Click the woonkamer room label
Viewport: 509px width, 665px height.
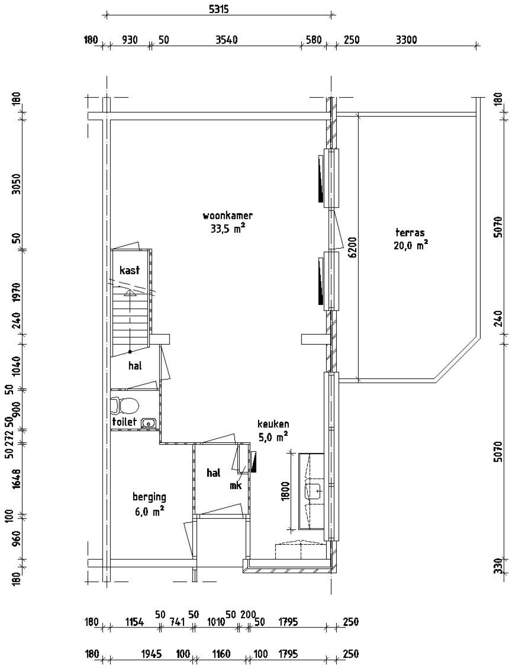click(227, 216)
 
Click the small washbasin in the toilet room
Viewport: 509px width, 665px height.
click(149, 423)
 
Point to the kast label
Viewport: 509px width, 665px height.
click(130, 270)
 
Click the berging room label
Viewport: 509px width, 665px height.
click(149, 497)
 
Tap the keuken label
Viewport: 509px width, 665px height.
click(273, 424)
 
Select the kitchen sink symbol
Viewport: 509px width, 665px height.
click(314, 491)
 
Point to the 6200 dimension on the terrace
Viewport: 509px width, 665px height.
click(352, 248)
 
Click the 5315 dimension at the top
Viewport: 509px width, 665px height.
click(219, 9)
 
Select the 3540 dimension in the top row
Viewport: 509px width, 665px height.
click(226, 40)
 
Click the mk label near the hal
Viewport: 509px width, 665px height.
click(236, 486)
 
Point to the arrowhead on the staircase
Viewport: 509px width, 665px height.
click(130, 293)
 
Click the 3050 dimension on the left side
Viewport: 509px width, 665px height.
click(16, 184)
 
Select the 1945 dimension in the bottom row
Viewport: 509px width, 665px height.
click(152, 654)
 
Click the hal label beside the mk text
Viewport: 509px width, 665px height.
click(214, 473)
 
